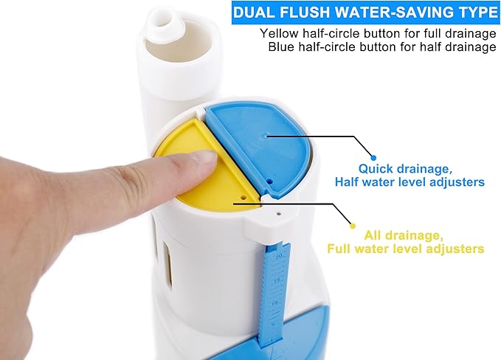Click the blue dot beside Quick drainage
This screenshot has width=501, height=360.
click(373, 158)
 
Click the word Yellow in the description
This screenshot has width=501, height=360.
click(277, 33)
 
